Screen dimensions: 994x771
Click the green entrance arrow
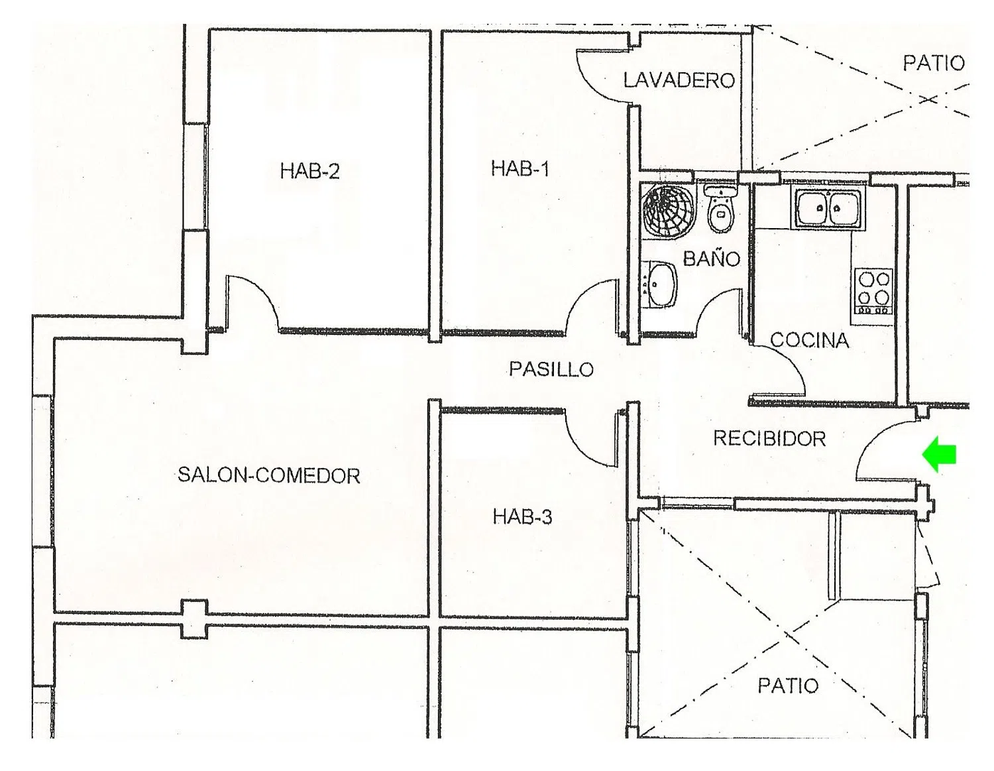click(x=938, y=454)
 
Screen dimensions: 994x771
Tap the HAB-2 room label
click(x=309, y=172)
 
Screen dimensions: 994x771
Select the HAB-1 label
click(x=520, y=168)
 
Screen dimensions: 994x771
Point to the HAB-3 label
click(x=522, y=516)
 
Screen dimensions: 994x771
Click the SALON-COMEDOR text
click(x=269, y=475)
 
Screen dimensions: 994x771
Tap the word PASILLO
click(x=551, y=369)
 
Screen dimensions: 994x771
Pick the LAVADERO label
click(x=679, y=80)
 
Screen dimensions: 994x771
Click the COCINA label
click(x=810, y=341)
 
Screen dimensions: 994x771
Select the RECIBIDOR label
click(x=769, y=439)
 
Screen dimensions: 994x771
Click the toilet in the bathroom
click(x=720, y=209)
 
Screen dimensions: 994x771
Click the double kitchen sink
click(x=828, y=208)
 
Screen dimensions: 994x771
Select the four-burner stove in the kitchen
click(x=873, y=292)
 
